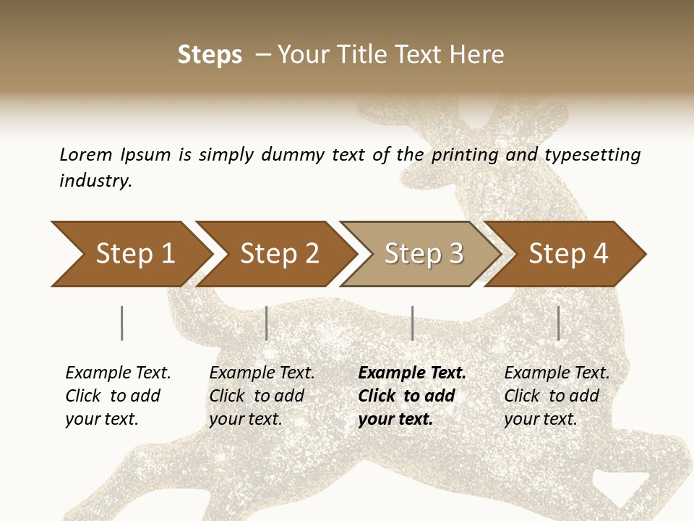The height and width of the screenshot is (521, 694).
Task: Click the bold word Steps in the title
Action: coord(210,54)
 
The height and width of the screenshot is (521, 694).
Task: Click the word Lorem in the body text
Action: coord(85,154)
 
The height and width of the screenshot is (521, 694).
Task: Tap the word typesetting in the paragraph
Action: coord(592,154)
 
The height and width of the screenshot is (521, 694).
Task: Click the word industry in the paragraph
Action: coord(95,180)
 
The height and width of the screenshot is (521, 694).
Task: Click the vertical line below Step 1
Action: coord(122,323)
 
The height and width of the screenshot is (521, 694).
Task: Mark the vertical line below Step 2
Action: coord(267,323)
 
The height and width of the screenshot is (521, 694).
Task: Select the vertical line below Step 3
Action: coord(413,323)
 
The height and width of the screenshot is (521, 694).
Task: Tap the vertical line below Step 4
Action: coord(558,323)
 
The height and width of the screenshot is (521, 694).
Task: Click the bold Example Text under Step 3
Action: coord(412,373)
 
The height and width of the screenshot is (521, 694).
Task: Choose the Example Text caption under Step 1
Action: coord(118,373)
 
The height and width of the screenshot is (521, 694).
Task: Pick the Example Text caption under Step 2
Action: coord(262,373)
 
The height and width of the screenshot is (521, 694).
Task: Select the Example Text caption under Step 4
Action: coord(557,373)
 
